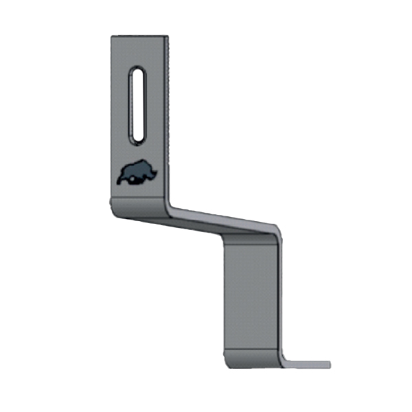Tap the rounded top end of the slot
click(137, 70)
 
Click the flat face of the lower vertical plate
click(251, 295)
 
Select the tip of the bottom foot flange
click(328, 365)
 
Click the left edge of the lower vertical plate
click(225, 295)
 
